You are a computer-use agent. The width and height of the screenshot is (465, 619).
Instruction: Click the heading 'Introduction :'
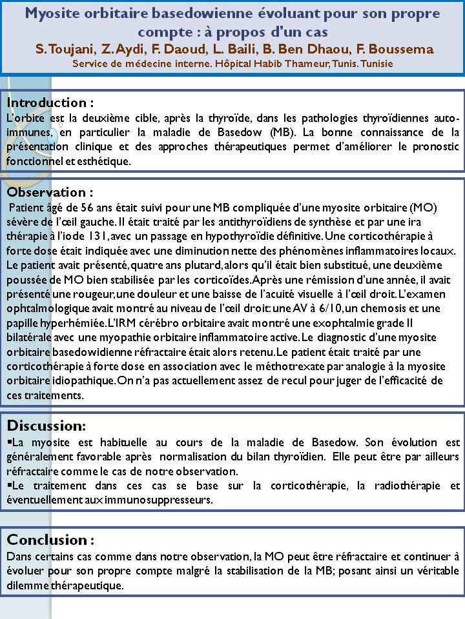[50, 103]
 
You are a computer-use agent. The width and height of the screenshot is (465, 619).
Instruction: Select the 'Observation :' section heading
[50, 192]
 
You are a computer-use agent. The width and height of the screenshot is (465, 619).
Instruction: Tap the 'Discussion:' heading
[46, 426]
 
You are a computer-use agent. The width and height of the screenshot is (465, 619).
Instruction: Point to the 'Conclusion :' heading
[50, 539]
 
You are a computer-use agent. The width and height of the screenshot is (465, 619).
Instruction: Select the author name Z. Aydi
[120, 50]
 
